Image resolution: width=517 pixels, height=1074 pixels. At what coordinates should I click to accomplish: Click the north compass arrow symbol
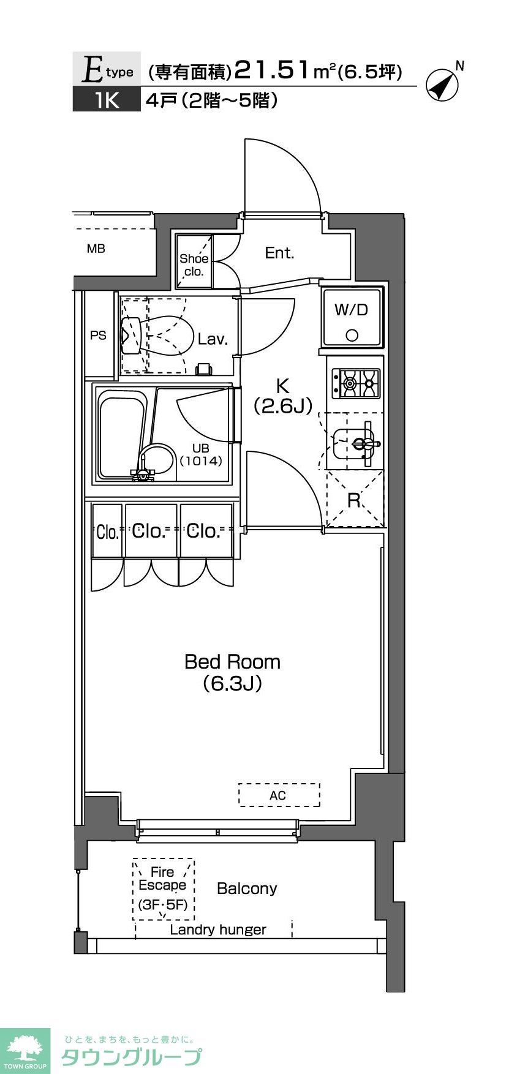(x=442, y=85)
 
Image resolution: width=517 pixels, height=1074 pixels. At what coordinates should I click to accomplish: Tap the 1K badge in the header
(x=107, y=100)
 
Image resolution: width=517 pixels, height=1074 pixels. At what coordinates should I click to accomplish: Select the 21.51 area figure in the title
(x=272, y=70)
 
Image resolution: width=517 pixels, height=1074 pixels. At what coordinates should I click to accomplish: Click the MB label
(x=96, y=249)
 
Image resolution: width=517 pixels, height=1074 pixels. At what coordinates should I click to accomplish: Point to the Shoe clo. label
(x=194, y=265)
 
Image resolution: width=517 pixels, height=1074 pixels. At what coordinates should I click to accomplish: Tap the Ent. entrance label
(x=279, y=252)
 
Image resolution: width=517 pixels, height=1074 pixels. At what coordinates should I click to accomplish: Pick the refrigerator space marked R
(x=354, y=499)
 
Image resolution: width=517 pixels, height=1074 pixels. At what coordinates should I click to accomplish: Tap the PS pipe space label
(x=98, y=335)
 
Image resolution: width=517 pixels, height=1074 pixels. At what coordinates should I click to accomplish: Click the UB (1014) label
(x=200, y=455)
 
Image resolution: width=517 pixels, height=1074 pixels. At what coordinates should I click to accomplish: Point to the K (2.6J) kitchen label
(x=283, y=396)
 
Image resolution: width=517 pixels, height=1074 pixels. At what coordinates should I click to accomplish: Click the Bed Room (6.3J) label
(x=233, y=672)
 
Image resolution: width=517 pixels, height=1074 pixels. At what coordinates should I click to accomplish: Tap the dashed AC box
(x=279, y=795)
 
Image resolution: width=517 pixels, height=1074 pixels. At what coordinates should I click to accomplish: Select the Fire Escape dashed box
(x=164, y=889)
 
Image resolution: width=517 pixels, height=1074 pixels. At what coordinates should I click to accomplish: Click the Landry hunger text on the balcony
(x=218, y=929)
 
